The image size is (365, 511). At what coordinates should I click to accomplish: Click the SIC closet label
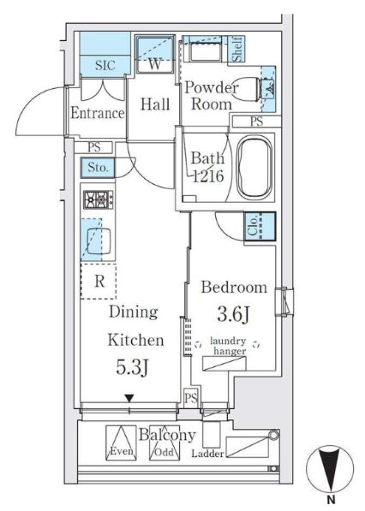tap(105, 65)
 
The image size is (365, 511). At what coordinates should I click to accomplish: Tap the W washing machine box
tap(154, 55)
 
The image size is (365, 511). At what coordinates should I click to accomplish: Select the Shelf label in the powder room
tap(238, 49)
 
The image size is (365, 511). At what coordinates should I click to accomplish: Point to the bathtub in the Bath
tap(254, 167)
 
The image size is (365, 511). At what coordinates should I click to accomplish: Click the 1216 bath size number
tap(208, 176)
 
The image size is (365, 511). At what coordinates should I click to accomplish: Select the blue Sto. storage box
tap(98, 168)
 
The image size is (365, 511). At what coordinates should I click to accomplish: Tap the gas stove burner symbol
tap(99, 199)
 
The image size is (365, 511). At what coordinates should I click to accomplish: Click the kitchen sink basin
tap(99, 241)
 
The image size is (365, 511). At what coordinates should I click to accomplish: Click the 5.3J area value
tap(133, 367)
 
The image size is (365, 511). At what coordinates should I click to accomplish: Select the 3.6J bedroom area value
tap(234, 315)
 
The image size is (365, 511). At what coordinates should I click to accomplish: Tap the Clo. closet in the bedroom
tap(260, 227)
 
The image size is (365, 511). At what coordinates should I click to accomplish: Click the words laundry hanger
tap(228, 346)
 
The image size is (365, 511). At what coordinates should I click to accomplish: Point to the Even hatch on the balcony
tap(121, 443)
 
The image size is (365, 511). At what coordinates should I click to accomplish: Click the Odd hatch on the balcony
tap(165, 443)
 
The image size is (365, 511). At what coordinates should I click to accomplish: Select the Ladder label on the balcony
tap(208, 454)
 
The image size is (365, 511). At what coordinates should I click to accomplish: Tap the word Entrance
tap(98, 113)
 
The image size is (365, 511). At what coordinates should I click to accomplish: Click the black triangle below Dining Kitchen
tap(129, 398)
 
